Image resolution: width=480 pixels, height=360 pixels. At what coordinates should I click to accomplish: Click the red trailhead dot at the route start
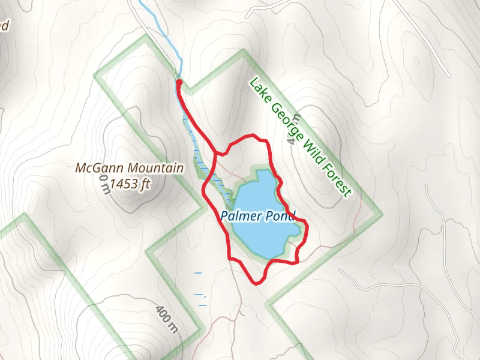179,82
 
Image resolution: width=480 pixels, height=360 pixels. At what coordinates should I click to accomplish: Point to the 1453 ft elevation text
125,184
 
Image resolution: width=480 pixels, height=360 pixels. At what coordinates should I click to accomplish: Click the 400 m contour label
167,320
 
